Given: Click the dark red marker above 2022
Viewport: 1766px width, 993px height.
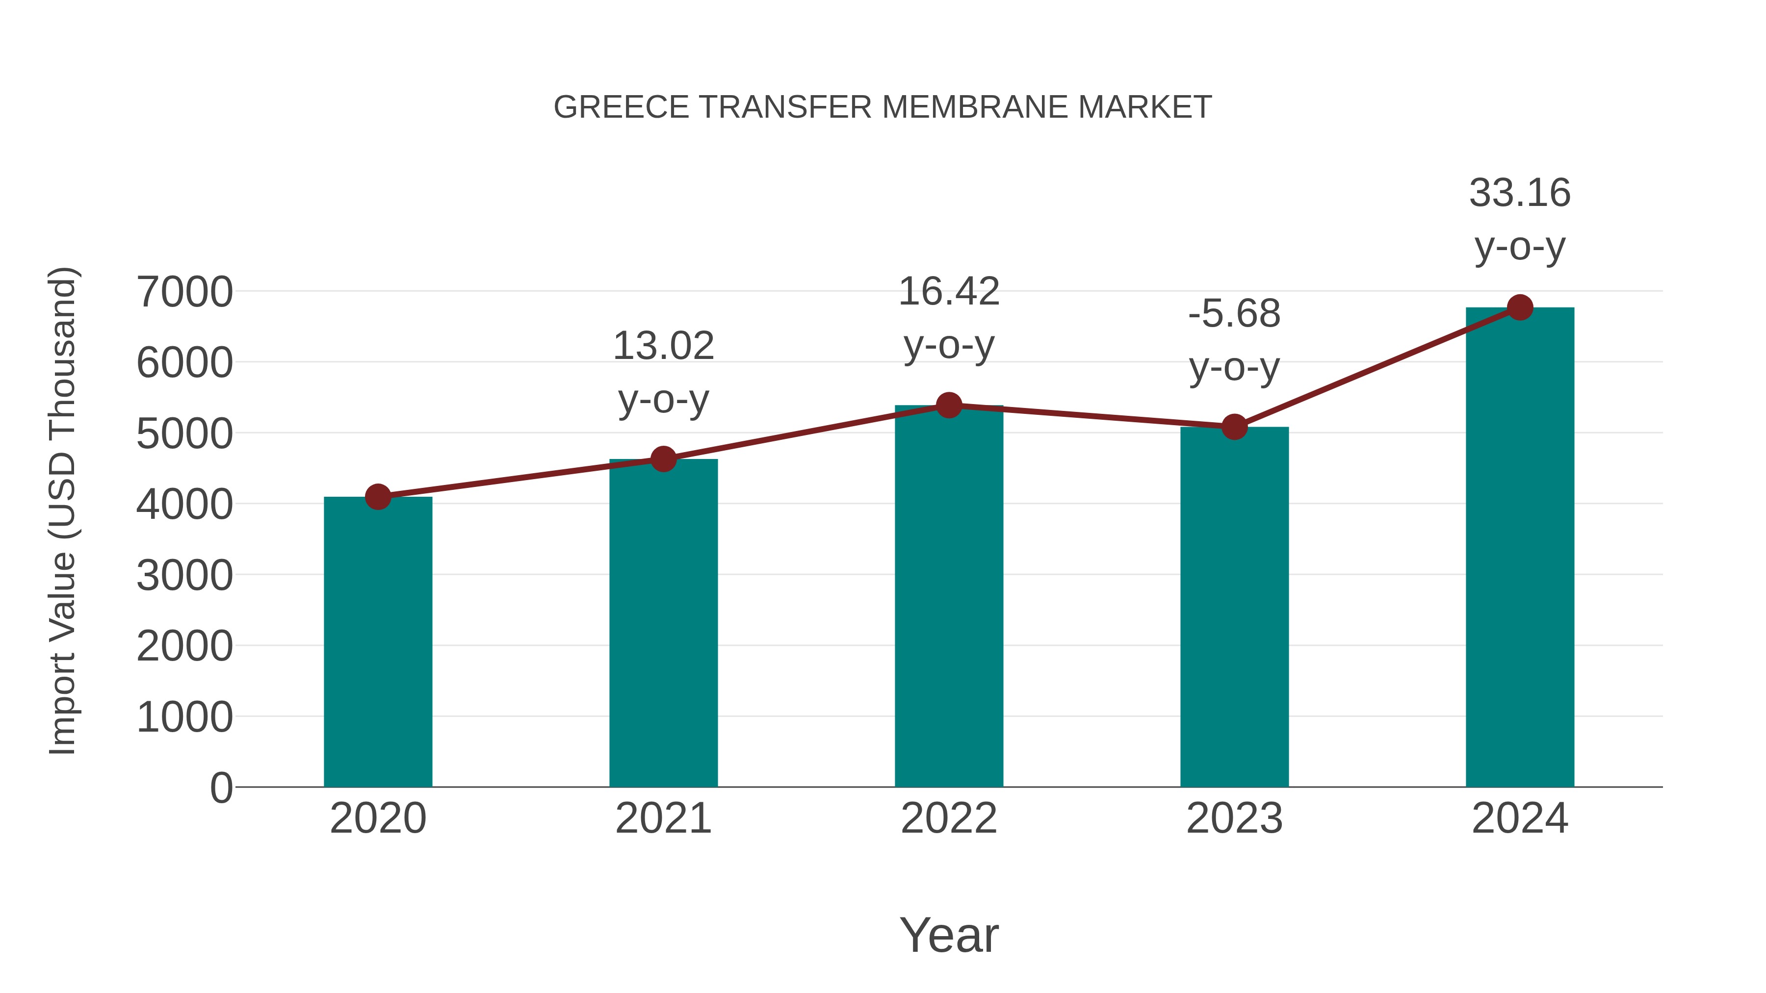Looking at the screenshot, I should (949, 406).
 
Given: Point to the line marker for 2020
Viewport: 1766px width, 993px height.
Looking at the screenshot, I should (378, 497).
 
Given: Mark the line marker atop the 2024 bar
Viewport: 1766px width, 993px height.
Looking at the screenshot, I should (1520, 307).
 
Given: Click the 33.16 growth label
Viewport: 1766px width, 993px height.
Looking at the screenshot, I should (1520, 193).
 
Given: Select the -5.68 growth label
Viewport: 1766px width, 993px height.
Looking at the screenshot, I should (1234, 314).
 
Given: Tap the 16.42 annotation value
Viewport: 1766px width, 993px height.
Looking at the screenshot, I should (949, 292).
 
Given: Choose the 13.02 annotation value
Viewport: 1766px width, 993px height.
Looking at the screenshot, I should (663, 346).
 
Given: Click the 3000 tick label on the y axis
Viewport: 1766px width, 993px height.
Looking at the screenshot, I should (184, 576).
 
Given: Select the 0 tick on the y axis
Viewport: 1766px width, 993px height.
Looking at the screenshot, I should (221, 788).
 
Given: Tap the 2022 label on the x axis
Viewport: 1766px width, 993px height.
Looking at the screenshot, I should (949, 818).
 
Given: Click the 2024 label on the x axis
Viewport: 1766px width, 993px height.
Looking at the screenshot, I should (1520, 818).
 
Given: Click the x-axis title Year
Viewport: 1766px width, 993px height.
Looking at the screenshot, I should (949, 936).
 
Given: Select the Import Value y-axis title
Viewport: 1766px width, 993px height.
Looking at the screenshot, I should (62, 510).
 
